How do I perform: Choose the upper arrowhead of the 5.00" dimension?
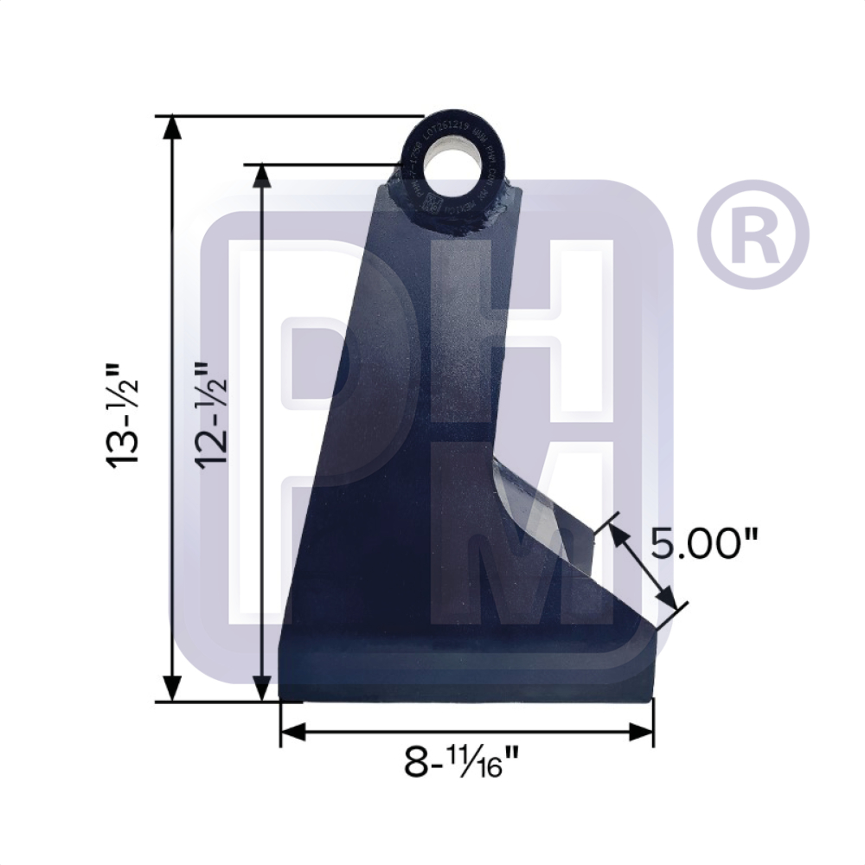pyautogui.click(x=618, y=535)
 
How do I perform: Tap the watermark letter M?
pyautogui.click(x=536, y=554)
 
